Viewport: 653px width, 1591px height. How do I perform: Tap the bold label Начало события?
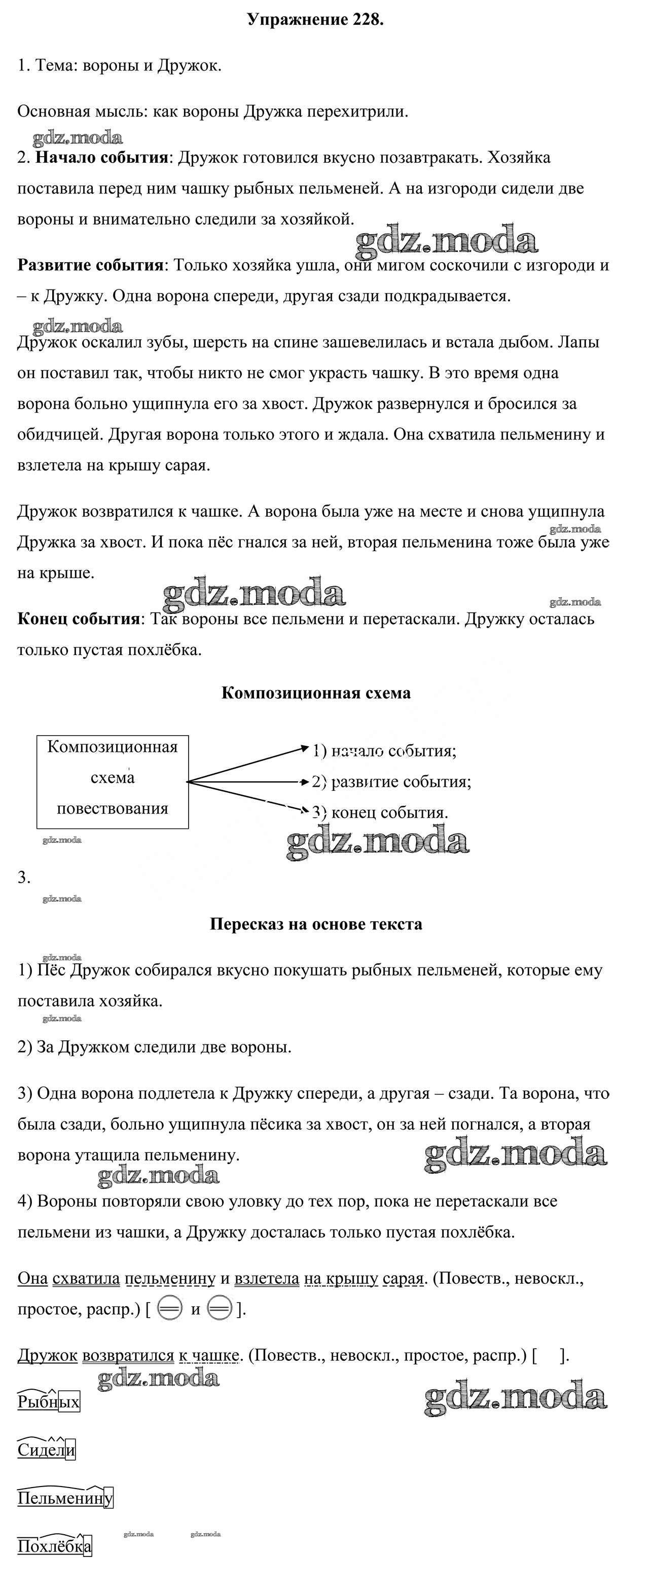point(102,158)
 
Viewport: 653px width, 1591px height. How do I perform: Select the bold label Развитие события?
point(90,265)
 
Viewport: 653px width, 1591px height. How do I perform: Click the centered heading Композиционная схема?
point(316,693)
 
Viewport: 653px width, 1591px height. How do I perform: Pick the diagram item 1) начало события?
point(384,751)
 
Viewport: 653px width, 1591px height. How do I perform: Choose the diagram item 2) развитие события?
point(392,782)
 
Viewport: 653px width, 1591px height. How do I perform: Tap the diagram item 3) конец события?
point(381,813)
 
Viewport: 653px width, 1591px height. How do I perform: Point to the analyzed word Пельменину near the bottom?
point(65,1498)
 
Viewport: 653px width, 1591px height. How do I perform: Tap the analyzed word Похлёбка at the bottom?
point(54,1546)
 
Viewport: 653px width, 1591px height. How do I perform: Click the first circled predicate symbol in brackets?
point(169,1309)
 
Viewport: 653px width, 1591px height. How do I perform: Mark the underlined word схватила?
point(86,1279)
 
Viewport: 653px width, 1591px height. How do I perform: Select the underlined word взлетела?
point(267,1279)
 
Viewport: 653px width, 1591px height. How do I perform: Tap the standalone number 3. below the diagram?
point(23,878)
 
